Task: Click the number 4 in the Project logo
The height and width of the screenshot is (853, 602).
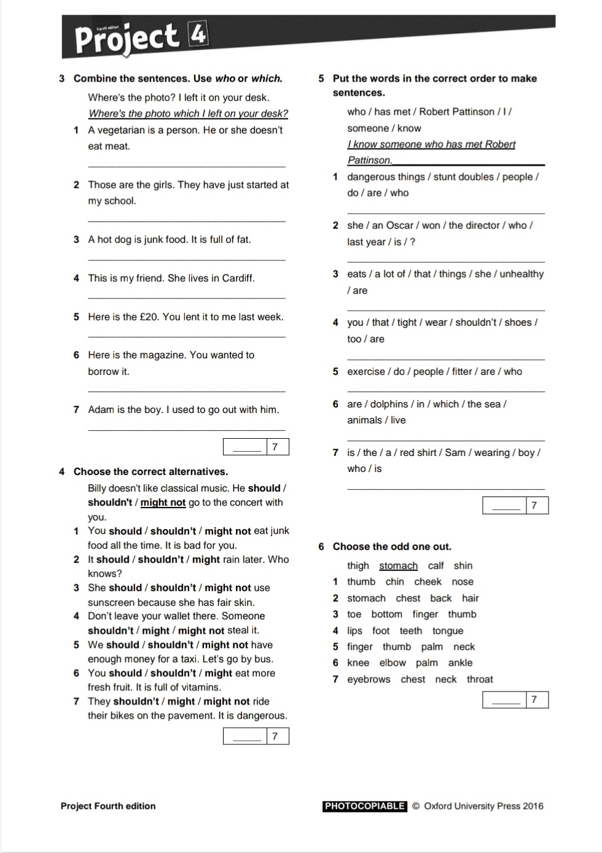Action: click(198, 34)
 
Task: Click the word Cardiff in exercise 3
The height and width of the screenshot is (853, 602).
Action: click(238, 278)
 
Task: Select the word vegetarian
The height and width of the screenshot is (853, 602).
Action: click(123, 130)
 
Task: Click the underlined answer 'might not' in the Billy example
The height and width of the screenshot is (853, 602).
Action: click(163, 503)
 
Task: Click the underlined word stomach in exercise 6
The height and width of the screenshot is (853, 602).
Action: click(398, 566)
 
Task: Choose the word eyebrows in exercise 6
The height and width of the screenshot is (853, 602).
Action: click(369, 679)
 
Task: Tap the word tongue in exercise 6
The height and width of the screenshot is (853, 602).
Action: click(447, 631)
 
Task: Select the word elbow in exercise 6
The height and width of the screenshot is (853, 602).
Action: click(393, 663)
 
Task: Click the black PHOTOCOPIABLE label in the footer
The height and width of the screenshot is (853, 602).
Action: click(364, 806)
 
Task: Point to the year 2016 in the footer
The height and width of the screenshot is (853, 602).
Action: click(533, 806)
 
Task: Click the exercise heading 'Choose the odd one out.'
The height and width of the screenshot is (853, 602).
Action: click(392, 547)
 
